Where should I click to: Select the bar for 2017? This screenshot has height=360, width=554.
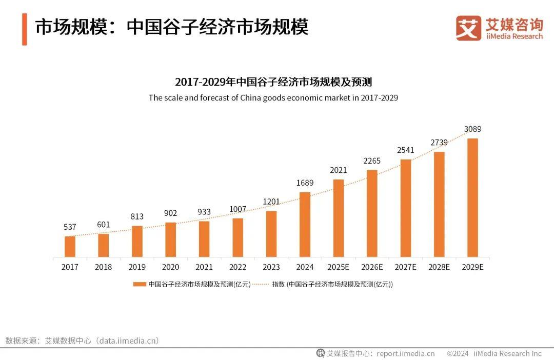[70, 246]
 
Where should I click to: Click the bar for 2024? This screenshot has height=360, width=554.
[305, 225]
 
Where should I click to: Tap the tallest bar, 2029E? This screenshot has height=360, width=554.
[472, 197]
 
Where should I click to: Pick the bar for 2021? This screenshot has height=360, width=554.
[204, 238]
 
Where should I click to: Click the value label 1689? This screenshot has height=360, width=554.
[305, 183]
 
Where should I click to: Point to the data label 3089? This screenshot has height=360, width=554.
[472, 129]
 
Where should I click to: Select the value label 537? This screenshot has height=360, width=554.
[70, 227]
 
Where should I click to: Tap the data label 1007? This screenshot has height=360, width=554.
[238, 209]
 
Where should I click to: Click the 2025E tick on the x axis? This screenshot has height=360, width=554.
[338, 267]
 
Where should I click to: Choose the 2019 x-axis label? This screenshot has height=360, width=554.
[137, 267]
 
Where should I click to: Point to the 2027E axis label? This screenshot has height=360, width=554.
[405, 267]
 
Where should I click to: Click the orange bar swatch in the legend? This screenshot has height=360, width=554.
[140, 284]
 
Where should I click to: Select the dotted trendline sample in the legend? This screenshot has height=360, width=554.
[261, 284]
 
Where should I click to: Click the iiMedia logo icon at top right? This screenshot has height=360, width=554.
[468, 28]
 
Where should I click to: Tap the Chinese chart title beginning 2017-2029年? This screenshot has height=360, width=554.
[273, 82]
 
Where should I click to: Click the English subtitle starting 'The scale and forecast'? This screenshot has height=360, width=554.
[273, 97]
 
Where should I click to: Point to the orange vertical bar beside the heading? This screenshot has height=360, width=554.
[24, 29]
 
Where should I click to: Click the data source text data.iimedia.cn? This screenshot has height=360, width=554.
[129, 341]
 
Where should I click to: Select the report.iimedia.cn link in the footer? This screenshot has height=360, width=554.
[405, 353]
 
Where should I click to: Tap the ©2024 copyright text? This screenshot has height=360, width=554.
[458, 353]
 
